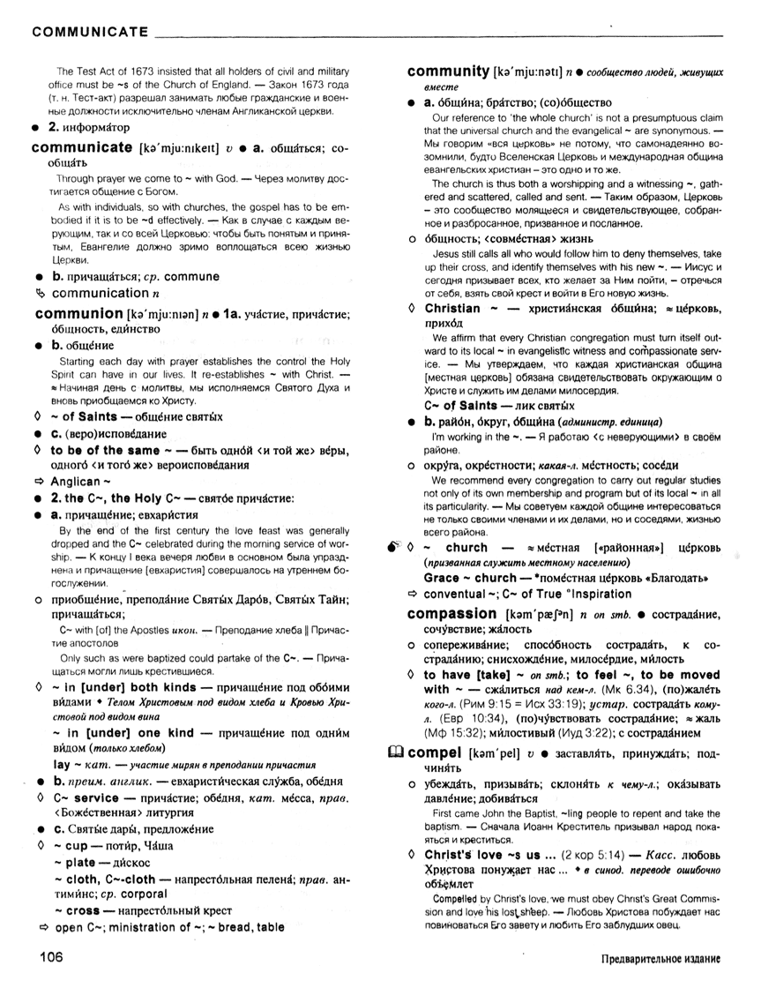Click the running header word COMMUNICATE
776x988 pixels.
click(x=89, y=33)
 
